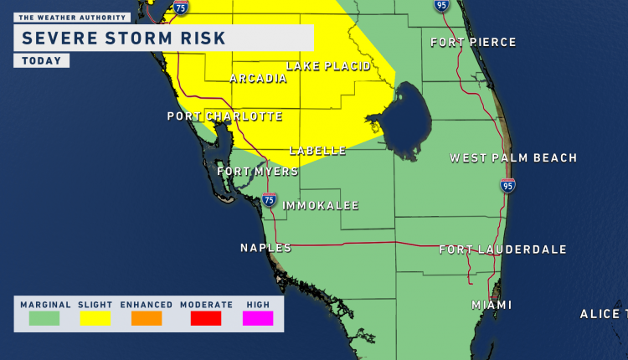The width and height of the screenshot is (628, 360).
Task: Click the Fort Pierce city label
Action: pos(473,43)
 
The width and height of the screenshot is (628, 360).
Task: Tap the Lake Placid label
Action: pos(328,66)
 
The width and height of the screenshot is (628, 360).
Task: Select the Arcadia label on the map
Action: pos(259,79)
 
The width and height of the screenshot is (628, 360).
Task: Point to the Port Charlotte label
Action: pos(224,116)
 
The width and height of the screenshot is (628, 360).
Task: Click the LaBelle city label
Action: pos(317,151)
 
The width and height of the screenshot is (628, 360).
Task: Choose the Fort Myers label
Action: pos(258,172)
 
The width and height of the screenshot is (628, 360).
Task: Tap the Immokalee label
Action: pos(321,205)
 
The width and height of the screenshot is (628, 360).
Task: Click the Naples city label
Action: pos(265,248)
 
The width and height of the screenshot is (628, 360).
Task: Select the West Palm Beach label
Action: pos(513,158)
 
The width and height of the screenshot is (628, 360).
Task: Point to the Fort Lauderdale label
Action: pos(503,249)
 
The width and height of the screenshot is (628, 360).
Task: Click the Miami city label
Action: pos(492,305)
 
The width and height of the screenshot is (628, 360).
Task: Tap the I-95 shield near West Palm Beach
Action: pos(507,185)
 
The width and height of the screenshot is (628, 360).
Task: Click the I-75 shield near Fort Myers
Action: pos(269,199)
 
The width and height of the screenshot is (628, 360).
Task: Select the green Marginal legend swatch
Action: pos(44,318)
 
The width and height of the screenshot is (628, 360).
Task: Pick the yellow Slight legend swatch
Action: pos(95,318)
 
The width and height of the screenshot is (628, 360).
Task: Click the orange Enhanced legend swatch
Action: pos(146,318)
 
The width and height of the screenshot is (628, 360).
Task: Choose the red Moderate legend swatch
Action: pos(205,318)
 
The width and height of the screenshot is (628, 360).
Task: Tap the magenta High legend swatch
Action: pos(258,318)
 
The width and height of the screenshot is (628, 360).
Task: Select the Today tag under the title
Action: pos(41,61)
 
